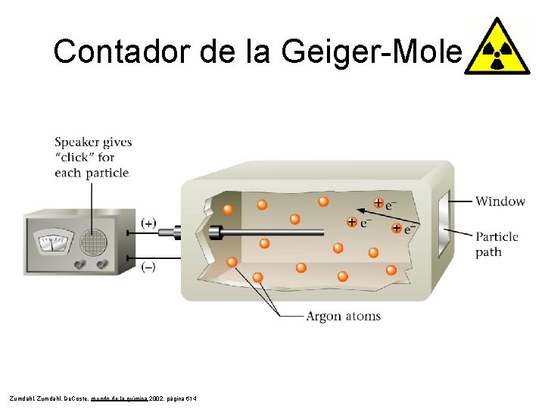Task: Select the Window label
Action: [x=500, y=201]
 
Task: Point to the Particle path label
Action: [x=497, y=244]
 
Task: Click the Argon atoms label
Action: [x=343, y=316]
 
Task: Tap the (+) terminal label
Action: [x=149, y=223]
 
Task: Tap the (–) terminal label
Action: [x=149, y=267]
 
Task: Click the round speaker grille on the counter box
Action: [x=92, y=242]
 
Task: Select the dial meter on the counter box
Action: [x=51, y=242]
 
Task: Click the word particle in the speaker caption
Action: [x=107, y=173]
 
